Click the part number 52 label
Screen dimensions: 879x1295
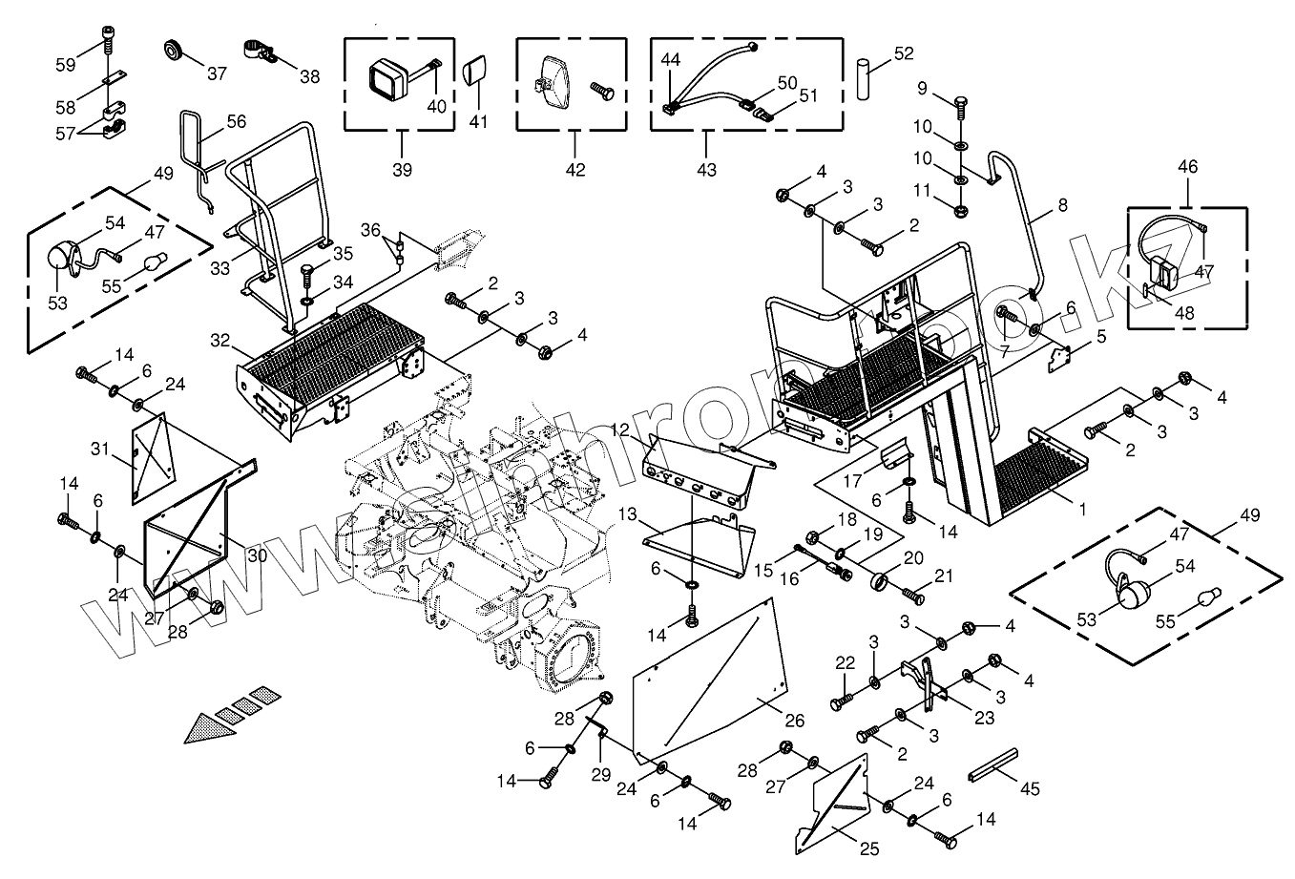904,53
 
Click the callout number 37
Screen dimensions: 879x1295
217,73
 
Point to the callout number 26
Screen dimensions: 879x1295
794,720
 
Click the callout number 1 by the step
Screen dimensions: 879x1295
1082,510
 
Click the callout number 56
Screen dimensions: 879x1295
236,121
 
